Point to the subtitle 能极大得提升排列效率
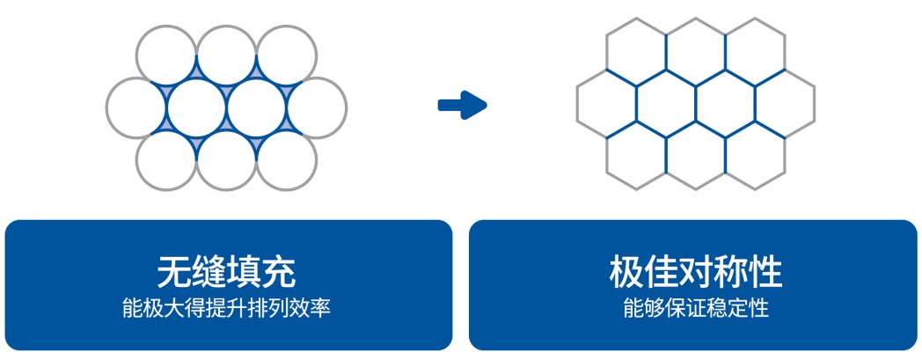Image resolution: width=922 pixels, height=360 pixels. click(227, 310)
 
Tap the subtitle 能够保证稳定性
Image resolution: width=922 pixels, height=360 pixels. click(695, 310)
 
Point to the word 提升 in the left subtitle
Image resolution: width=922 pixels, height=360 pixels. click(227, 310)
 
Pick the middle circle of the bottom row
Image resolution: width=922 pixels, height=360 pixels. click(226, 160)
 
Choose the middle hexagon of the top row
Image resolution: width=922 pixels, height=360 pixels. click(696, 50)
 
